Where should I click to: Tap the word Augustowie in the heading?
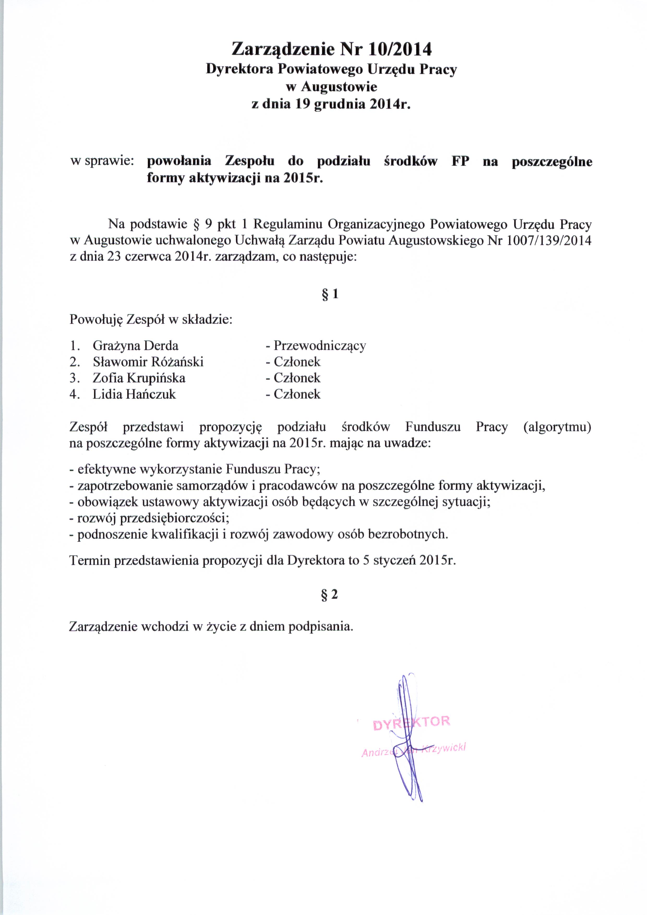[x=339, y=86]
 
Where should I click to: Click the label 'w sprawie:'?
[x=102, y=161]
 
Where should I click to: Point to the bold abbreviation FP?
[x=460, y=161]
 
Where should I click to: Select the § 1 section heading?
[x=330, y=294]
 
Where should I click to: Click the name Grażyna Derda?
[x=135, y=345]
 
